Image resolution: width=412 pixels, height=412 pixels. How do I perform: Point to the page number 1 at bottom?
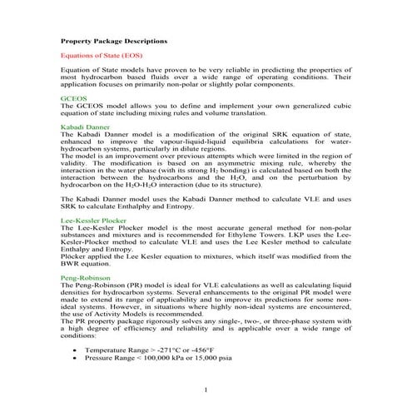coord(204,390)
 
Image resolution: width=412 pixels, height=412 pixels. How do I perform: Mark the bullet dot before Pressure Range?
coord(77,360)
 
